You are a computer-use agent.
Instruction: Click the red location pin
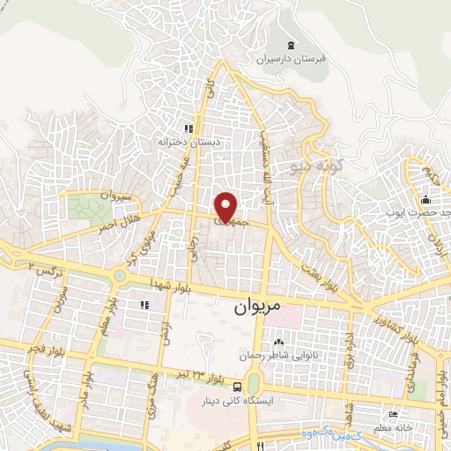tap(226, 208)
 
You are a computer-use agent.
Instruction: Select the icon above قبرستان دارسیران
tap(291, 45)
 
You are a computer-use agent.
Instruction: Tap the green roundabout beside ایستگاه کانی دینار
tap(255, 385)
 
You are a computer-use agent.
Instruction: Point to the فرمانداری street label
tap(406, 361)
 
